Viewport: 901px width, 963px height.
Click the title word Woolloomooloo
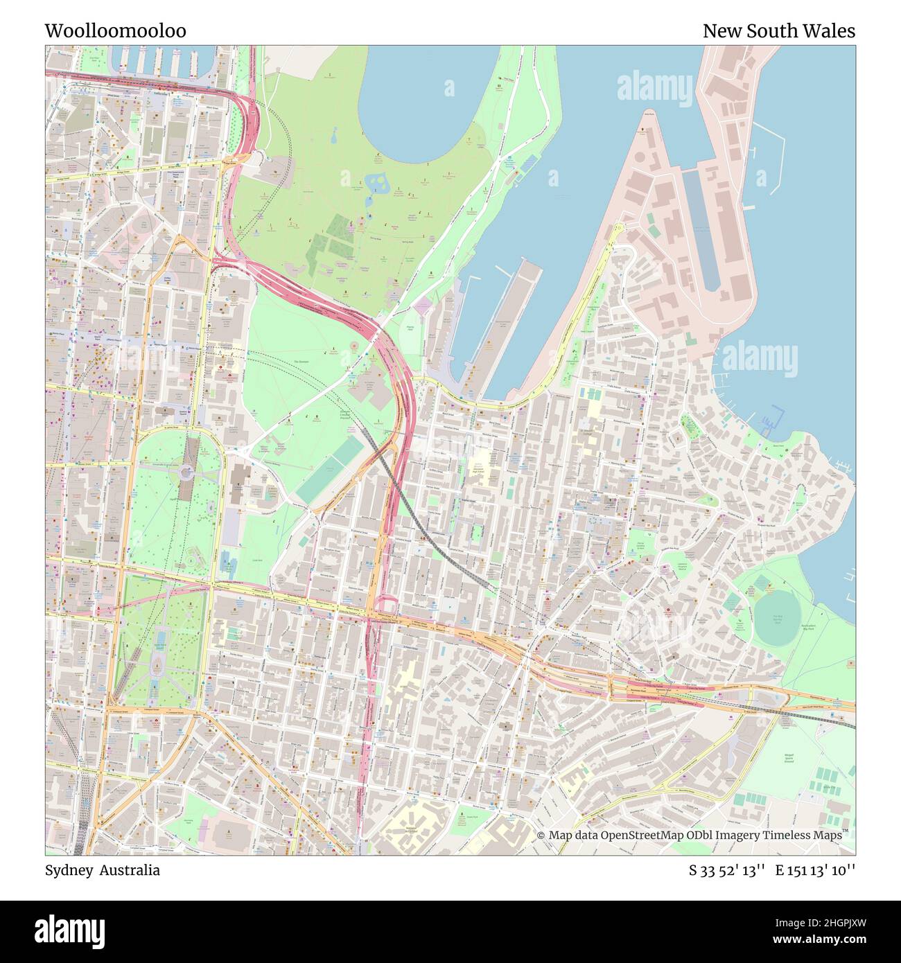(115, 31)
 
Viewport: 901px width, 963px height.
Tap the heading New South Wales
(778, 31)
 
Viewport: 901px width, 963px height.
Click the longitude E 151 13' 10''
(815, 870)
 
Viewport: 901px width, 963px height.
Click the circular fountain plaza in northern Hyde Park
(186, 473)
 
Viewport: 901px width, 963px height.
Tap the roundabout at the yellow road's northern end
(619, 227)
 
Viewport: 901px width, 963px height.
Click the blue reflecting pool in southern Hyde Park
(160, 642)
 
